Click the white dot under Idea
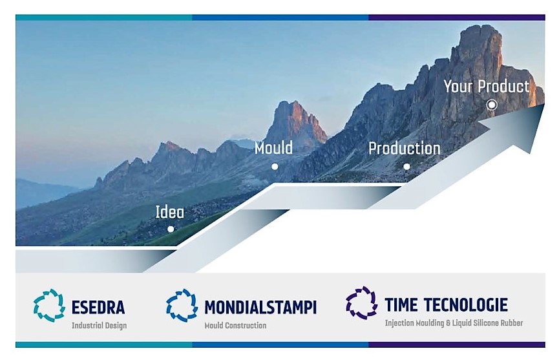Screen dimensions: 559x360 tap(171, 229)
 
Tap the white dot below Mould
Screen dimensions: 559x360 tap(275, 167)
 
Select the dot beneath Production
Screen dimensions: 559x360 tap(406, 167)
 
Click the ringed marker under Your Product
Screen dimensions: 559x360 tap(492, 105)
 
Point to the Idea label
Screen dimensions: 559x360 tap(170, 212)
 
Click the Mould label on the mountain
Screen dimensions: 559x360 tap(273, 147)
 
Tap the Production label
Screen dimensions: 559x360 tap(405, 148)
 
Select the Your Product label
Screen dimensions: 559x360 tap(486, 86)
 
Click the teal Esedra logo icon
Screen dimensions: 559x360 tap(49, 306)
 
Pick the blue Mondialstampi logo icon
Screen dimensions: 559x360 tap(182, 306)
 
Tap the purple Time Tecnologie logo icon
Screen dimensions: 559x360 tap(361, 302)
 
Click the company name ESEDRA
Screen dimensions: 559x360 tap(98, 307)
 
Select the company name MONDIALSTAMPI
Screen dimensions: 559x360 tap(260, 307)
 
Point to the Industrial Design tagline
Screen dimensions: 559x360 tap(99, 326)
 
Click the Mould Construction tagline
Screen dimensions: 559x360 tap(235, 326)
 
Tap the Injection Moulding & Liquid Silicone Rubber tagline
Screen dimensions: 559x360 tap(454, 323)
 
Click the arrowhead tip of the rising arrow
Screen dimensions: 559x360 tap(544, 104)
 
